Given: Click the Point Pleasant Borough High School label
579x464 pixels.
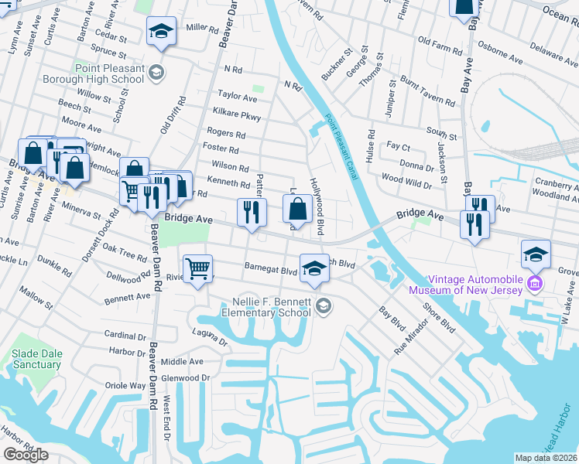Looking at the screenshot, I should [111, 75].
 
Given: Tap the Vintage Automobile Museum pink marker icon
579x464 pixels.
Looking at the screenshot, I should [533, 285].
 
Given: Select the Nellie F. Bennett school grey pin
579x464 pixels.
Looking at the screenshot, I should [324, 308].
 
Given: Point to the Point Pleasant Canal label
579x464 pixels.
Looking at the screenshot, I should [341, 148].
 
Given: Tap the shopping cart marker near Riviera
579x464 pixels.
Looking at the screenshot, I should [198, 269].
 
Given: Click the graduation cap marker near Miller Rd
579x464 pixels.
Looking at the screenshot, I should [161, 32].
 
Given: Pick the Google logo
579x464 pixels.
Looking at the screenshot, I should [26, 455].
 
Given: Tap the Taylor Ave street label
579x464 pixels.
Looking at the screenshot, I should [237, 98].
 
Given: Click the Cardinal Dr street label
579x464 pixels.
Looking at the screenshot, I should [125, 336].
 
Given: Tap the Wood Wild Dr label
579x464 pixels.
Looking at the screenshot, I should [406, 180].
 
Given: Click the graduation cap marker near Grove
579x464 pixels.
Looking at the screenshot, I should [536, 254].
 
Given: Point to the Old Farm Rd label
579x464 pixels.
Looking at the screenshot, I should [438, 39].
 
